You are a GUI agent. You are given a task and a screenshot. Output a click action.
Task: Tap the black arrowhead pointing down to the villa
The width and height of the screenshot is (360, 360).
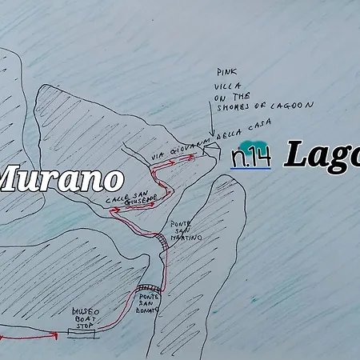pos(210,137)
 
